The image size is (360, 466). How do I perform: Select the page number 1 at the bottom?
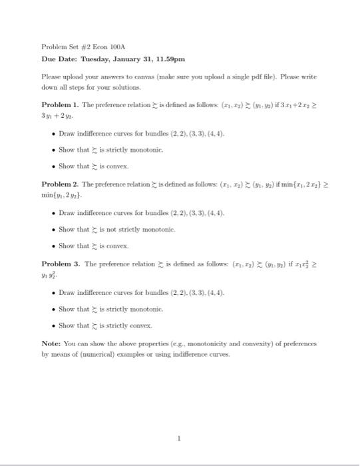[180, 438]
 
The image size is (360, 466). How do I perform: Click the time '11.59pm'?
[172, 59]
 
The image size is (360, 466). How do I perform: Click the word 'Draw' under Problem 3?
[67, 292]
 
